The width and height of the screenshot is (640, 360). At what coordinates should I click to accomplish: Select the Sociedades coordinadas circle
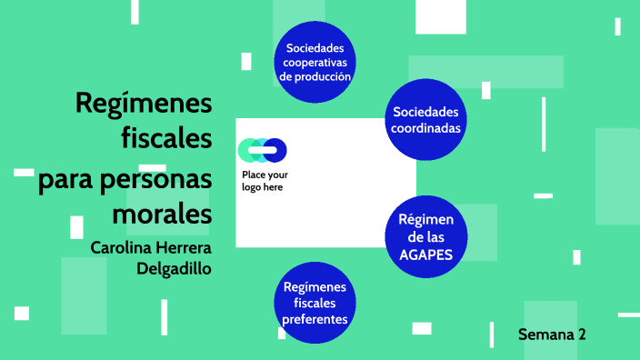point(425,119)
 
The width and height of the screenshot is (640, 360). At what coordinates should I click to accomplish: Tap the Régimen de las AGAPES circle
point(425,236)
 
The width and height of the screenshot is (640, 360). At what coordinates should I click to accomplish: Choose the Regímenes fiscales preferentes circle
point(315,304)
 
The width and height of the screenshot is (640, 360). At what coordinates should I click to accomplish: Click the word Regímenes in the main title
point(144,105)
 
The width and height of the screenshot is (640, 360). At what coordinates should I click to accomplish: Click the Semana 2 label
point(552,334)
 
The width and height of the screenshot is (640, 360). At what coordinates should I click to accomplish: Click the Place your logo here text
point(265,181)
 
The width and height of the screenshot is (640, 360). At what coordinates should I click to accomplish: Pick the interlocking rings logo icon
point(262,150)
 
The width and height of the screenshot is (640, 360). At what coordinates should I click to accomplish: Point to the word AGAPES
point(425,255)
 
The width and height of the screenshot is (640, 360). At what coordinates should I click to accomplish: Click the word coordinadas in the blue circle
point(425,128)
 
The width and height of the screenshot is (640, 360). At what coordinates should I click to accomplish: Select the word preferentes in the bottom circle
point(315,320)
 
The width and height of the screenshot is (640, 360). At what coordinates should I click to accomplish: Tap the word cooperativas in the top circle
point(315,62)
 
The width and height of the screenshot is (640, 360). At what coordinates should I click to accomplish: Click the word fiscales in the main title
point(166,139)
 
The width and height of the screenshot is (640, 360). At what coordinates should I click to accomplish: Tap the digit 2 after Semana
point(582,334)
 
